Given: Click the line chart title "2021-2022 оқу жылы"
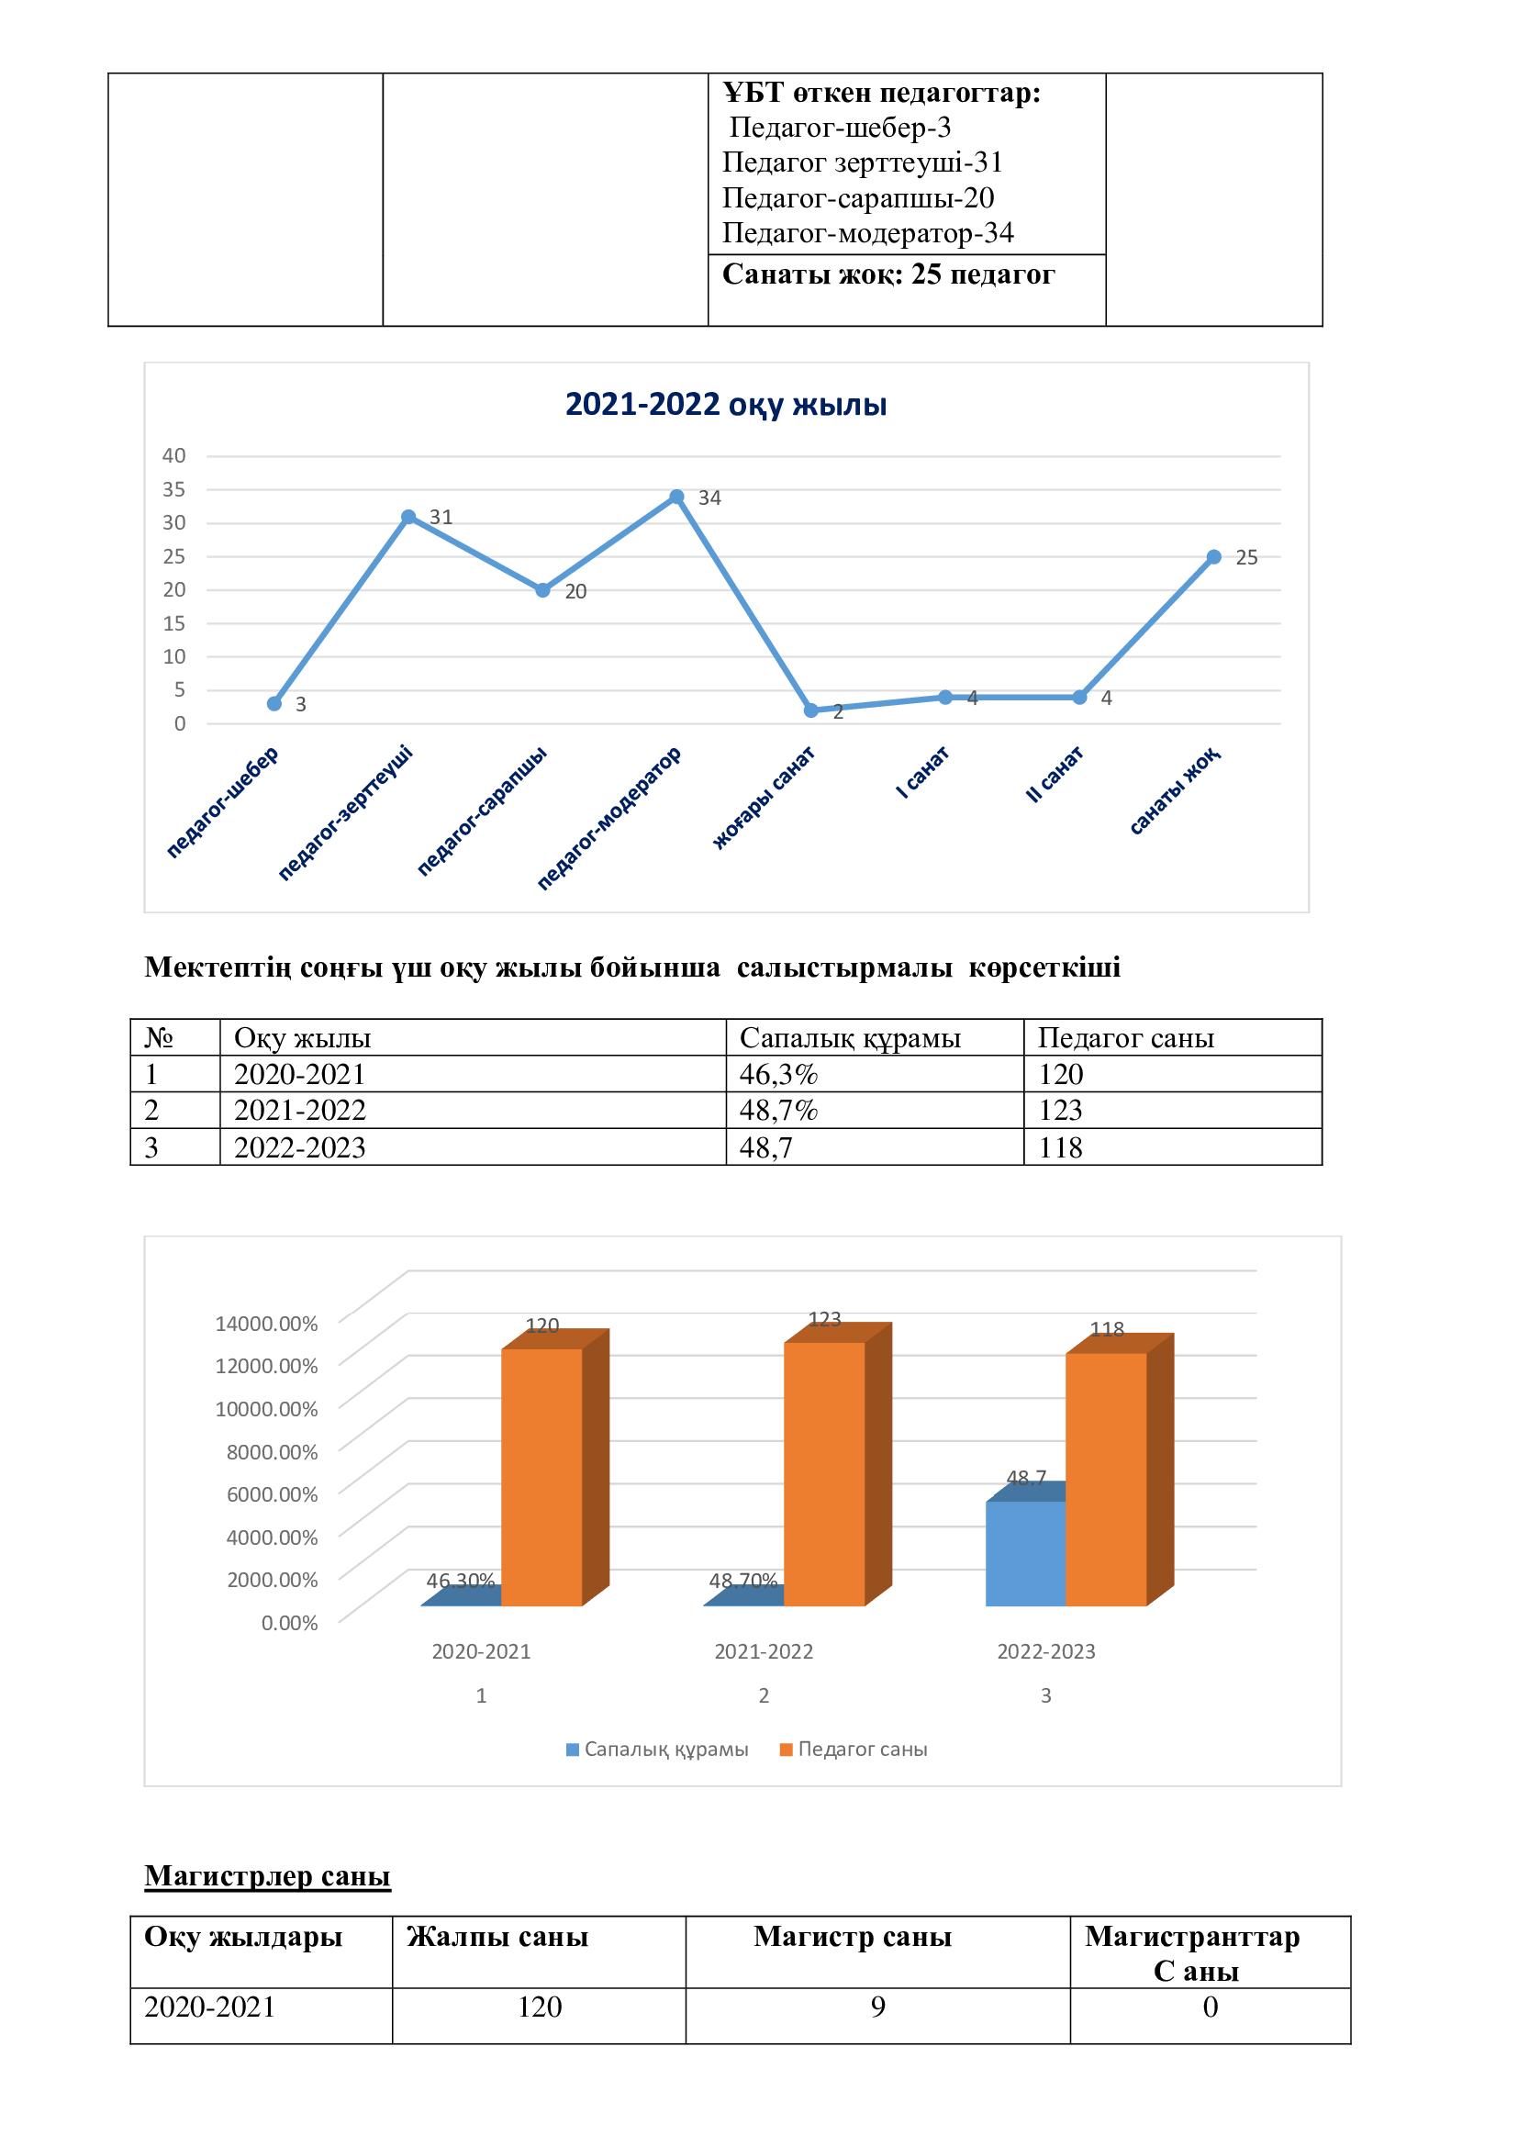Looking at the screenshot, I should point(725,405).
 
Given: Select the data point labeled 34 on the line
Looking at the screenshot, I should point(676,497).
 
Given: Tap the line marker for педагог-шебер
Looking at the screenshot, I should point(273,703).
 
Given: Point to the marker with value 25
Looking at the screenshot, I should point(1213,556).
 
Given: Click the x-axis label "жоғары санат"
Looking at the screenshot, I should point(765,797).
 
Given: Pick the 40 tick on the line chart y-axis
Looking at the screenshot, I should point(174,455).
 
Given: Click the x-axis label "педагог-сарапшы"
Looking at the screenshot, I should point(482,810).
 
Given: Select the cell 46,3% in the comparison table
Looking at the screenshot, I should point(778,1074).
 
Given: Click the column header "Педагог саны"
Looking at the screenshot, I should point(1125,1038).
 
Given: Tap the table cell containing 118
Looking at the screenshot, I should point(1060,1147).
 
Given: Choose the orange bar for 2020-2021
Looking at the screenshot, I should point(542,1477).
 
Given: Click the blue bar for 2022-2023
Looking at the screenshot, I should point(1025,1553).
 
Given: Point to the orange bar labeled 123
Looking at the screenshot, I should point(824,1472).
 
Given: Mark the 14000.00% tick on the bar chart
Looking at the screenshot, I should point(266,1324).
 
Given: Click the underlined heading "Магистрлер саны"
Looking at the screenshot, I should point(267,1876).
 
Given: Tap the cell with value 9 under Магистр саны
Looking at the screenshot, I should point(877,2007).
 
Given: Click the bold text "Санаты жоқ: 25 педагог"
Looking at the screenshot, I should point(888,275).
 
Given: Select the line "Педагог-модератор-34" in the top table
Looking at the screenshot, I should point(867,233).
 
